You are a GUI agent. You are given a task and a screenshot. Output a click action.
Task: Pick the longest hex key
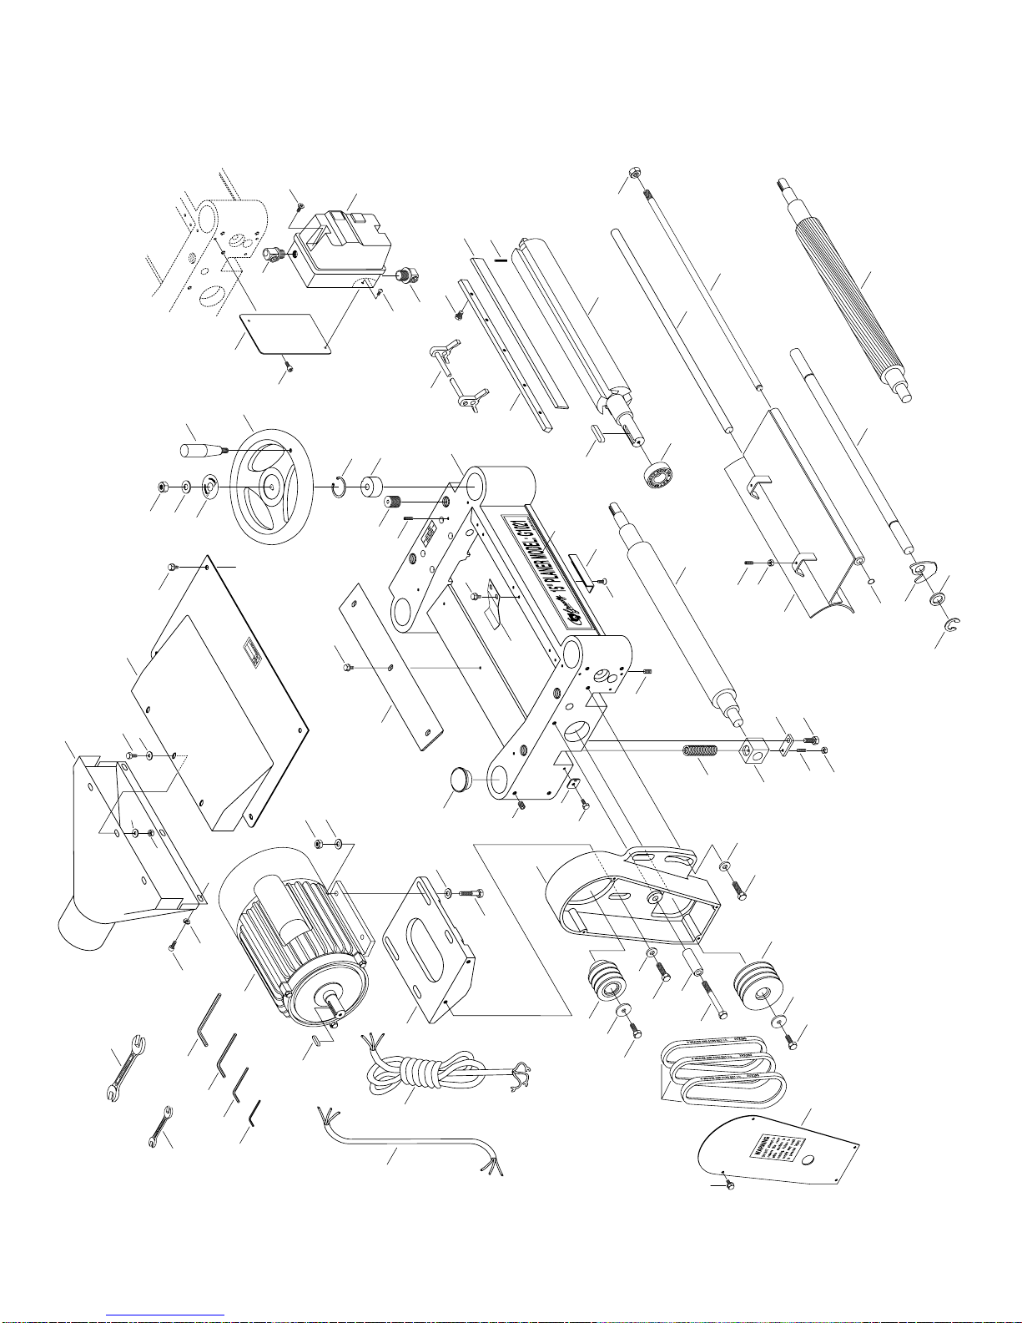pyautogui.click(x=209, y=1018)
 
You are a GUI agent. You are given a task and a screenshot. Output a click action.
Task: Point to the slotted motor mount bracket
pyautogui.click(x=430, y=943)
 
